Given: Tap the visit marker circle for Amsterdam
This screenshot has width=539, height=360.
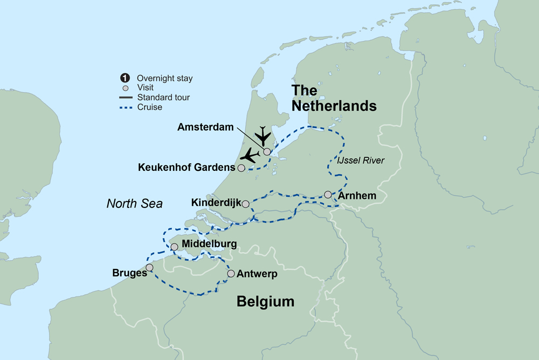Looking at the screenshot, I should tap(267, 151).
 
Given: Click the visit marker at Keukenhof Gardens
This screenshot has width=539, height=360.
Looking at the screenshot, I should tap(241, 168).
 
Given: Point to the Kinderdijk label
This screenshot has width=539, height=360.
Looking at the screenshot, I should tap(215, 203).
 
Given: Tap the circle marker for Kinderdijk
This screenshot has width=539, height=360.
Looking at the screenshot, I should tap(246, 204).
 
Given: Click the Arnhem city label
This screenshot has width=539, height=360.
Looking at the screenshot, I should tap(357, 195).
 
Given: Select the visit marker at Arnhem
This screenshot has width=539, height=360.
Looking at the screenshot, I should tap(328, 195).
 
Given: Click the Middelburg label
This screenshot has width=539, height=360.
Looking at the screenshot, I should tap(209, 245).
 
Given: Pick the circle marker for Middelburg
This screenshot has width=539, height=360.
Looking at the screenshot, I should tap(174, 246).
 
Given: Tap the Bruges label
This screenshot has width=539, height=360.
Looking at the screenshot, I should tap(129, 273).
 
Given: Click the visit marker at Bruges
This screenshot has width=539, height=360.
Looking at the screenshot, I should tap(149, 267).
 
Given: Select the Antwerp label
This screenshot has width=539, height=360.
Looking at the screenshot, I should tap(257, 274).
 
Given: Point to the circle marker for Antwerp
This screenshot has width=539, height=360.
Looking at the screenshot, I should tap(231, 274).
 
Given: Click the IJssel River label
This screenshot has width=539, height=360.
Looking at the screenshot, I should tap(360, 160).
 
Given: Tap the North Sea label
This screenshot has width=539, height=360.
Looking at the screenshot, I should tap(134, 203).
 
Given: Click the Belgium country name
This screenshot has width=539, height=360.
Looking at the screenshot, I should tap(265, 302).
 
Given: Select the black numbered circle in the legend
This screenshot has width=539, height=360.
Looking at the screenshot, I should tap(126, 78).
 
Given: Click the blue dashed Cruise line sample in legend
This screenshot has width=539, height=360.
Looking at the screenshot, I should tap(126, 107).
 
